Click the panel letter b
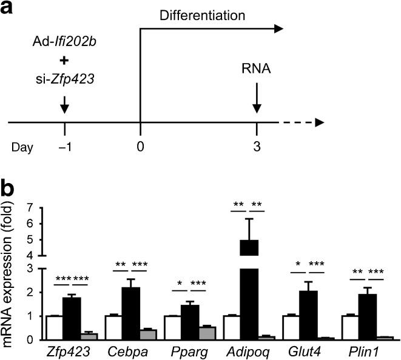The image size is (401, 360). (x=12, y=189)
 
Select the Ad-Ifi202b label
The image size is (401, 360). (x=65, y=47)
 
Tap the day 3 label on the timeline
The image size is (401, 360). (x=257, y=147)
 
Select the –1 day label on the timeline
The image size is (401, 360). (x=65, y=147)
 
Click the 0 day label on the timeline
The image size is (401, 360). (x=141, y=147)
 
